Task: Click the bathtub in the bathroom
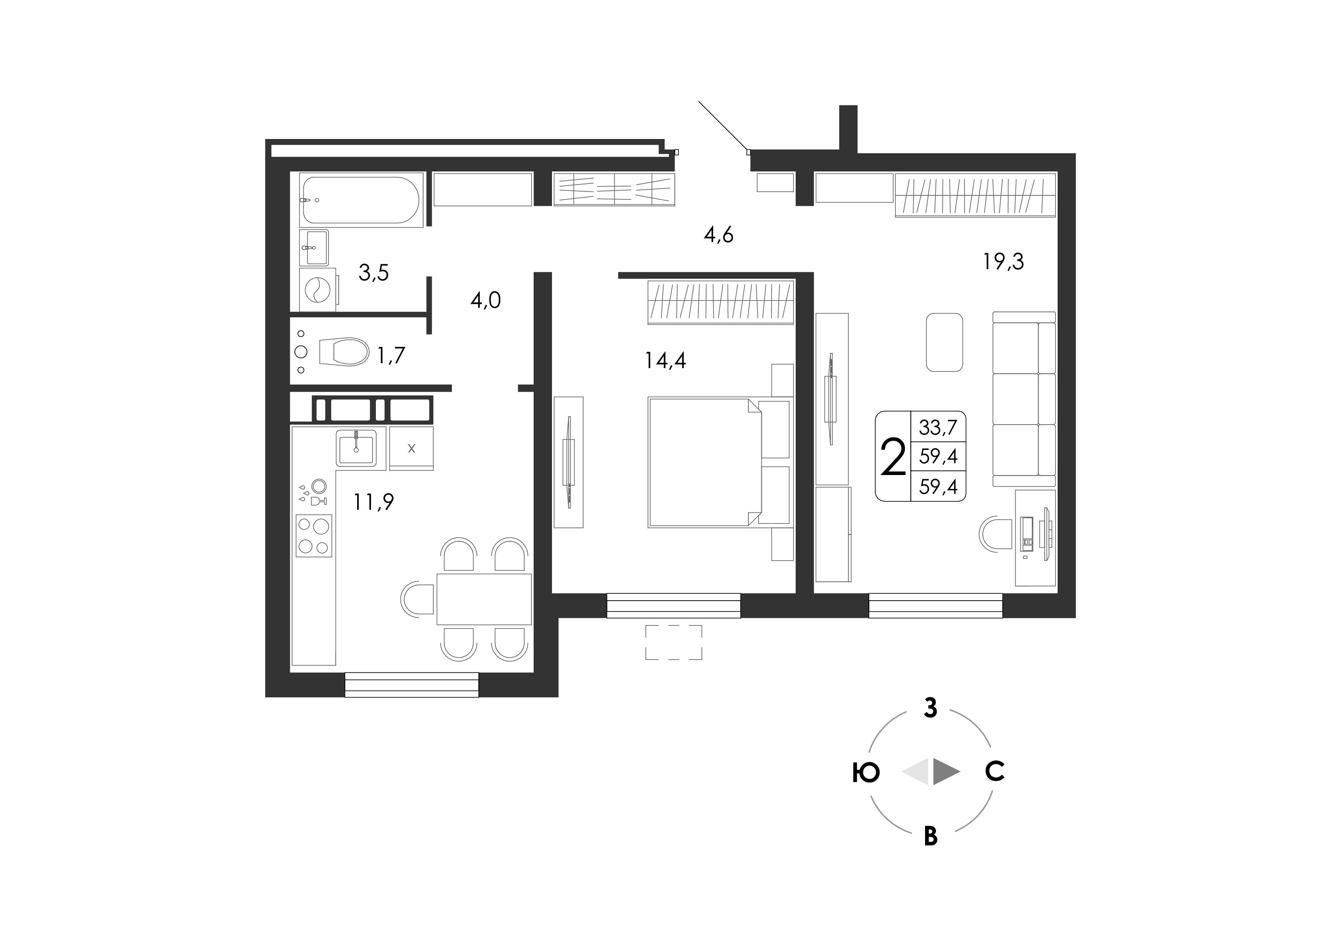[361, 200]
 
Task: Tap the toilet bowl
[344, 352]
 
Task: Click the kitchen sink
[356, 446]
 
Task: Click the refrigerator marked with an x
[411, 448]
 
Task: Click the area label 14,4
[665, 360]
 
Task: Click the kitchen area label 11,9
[374, 501]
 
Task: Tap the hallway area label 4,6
[719, 234]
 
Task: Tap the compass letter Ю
[866, 773]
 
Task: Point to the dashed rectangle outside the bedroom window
[673, 642]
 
